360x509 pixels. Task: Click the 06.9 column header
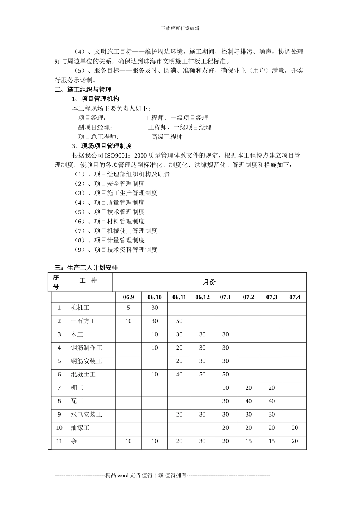pos(128,297)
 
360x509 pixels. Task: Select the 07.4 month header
pos(294,297)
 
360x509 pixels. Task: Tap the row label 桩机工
pos(80,308)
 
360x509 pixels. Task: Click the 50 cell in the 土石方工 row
pos(179,321)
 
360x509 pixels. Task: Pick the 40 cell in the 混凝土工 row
pos(179,375)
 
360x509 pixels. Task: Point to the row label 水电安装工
pos(86,415)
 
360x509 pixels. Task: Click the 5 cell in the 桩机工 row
pos(128,308)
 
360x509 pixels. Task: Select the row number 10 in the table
pos(59,428)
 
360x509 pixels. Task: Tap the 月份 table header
pos(209,282)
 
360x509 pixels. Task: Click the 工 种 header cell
pos(88,281)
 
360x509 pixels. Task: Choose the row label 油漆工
pos(80,428)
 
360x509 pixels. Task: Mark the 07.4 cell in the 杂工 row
pos(294,441)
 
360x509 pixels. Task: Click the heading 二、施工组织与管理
pos(83,90)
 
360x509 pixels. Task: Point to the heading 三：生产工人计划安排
pos(86,268)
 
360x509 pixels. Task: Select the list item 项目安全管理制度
pos(119,184)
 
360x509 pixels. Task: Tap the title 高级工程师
pos(167,137)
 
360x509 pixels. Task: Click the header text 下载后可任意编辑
pos(180,28)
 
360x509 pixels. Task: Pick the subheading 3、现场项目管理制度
pos(102,146)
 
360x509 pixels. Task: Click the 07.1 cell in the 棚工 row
pos(225,388)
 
